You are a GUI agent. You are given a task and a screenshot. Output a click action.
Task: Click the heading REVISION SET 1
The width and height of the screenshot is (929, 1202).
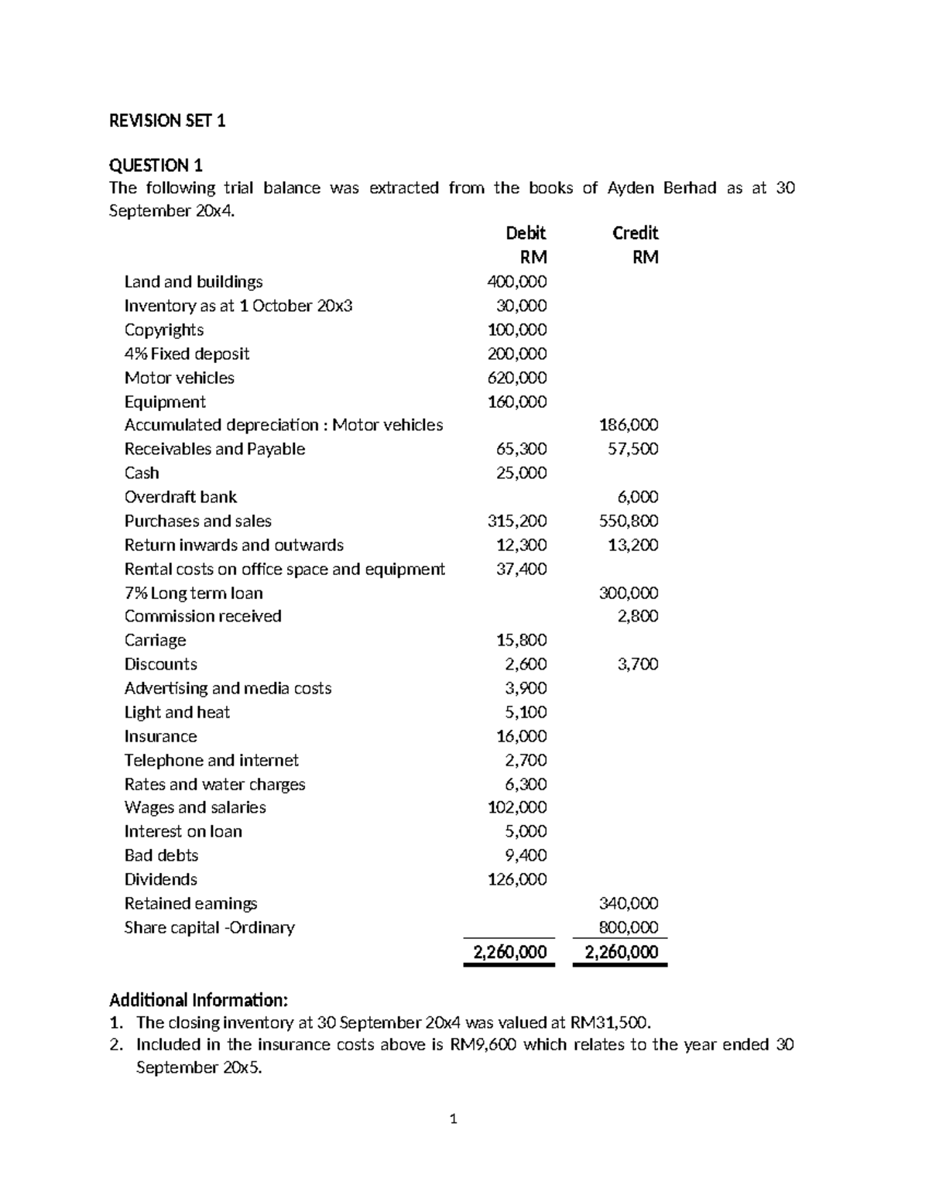(167, 121)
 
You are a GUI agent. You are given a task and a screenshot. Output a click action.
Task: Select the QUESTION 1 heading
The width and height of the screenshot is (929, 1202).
(156, 165)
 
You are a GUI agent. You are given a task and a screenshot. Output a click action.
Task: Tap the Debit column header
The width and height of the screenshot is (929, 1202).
(526, 233)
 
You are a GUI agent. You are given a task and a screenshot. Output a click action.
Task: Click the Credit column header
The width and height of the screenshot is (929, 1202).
(635, 233)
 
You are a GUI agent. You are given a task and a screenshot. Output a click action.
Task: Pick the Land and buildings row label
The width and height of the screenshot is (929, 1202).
(194, 282)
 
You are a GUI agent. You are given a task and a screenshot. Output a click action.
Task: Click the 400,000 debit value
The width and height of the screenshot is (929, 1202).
(516, 282)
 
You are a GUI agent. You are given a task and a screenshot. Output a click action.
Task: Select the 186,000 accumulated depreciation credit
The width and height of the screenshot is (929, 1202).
(629, 425)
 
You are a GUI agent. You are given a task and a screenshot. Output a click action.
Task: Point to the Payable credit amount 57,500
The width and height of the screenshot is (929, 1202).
(632, 449)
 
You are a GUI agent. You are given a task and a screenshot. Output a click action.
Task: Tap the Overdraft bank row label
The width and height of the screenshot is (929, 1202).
(180, 497)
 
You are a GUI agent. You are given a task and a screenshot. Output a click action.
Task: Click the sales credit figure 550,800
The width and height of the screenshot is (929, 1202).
(629, 521)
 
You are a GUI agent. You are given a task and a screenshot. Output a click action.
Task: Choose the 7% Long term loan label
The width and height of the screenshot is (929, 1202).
(194, 593)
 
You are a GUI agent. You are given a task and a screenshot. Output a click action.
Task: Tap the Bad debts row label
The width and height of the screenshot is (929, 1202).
(161, 855)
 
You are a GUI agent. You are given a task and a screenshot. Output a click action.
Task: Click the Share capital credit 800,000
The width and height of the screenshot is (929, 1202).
(629, 927)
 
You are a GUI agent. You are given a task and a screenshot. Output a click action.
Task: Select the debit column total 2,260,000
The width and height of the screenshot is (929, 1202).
(509, 952)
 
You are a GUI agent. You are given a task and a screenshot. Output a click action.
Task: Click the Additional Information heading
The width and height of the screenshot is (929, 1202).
(198, 999)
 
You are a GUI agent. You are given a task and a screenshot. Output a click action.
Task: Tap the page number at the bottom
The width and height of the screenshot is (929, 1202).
(454, 1118)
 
